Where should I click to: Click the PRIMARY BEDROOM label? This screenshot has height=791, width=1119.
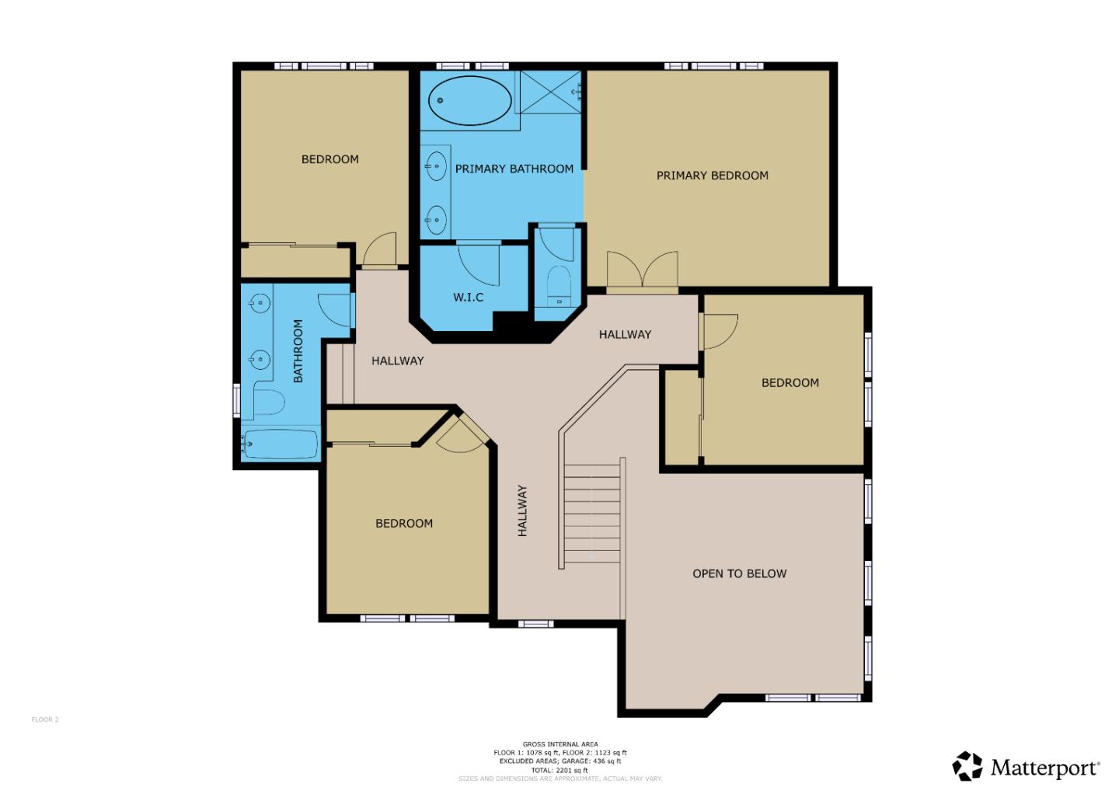[x=712, y=176]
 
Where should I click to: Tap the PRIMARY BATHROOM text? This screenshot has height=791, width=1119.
[x=514, y=169]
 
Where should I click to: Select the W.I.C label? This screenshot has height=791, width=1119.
[x=468, y=297]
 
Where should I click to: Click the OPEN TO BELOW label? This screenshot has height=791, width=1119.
[x=739, y=573]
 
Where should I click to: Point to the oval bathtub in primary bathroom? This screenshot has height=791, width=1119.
[x=470, y=101]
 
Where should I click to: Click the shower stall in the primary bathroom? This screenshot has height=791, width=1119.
[x=550, y=91]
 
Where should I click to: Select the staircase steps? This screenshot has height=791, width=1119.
[x=591, y=513]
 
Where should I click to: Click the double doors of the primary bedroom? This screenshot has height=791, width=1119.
[x=642, y=272]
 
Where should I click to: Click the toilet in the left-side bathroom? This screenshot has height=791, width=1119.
[x=268, y=402]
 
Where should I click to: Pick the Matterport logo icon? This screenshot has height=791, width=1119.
[x=967, y=766]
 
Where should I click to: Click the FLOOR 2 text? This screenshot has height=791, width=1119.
[x=45, y=720]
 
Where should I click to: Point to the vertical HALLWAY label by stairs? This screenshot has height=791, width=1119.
[x=522, y=510]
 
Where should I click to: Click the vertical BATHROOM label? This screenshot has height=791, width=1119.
[x=298, y=351]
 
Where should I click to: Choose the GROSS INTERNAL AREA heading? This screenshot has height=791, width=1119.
[x=559, y=744]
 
